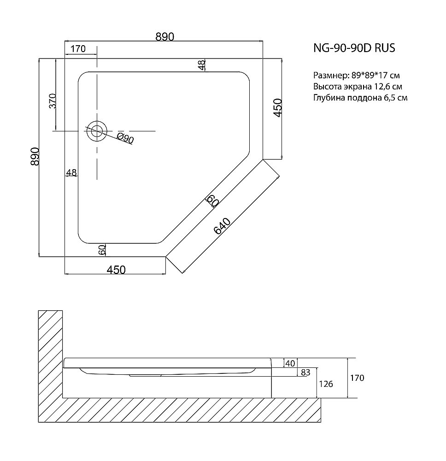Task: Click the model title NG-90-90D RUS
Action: (354, 48)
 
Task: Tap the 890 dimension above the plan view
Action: (165, 37)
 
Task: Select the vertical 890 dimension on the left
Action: (35, 156)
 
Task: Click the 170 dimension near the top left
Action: (78, 48)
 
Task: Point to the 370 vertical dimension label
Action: (53, 101)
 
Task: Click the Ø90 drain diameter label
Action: (125, 138)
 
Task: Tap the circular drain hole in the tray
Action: (97, 131)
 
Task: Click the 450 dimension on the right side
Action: (277, 108)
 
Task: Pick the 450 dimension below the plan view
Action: (116, 269)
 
